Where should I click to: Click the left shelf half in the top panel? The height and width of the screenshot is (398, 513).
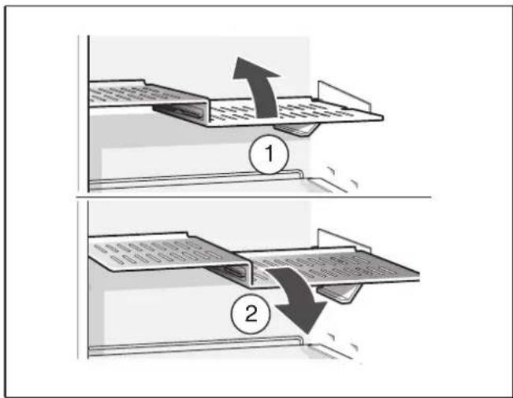[126, 94]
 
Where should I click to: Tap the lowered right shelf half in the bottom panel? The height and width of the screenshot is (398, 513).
[339, 267]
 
